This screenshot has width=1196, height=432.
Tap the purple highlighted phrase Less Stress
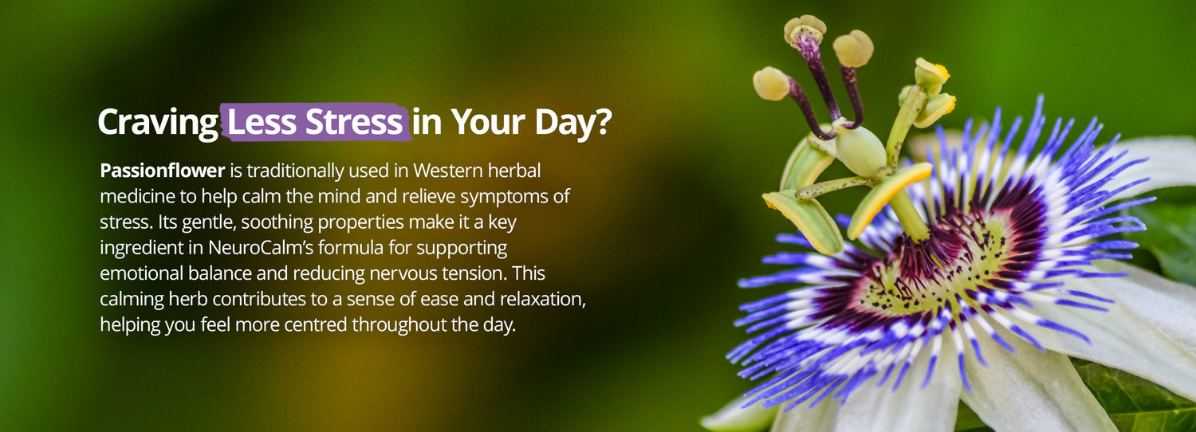(x=315, y=122)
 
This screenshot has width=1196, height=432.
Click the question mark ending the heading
(x=602, y=121)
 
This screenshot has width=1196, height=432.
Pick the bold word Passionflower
(x=163, y=171)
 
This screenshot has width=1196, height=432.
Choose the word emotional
(x=141, y=273)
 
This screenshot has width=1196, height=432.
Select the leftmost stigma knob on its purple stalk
(x=771, y=84)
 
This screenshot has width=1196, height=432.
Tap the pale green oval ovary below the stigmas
(x=860, y=151)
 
